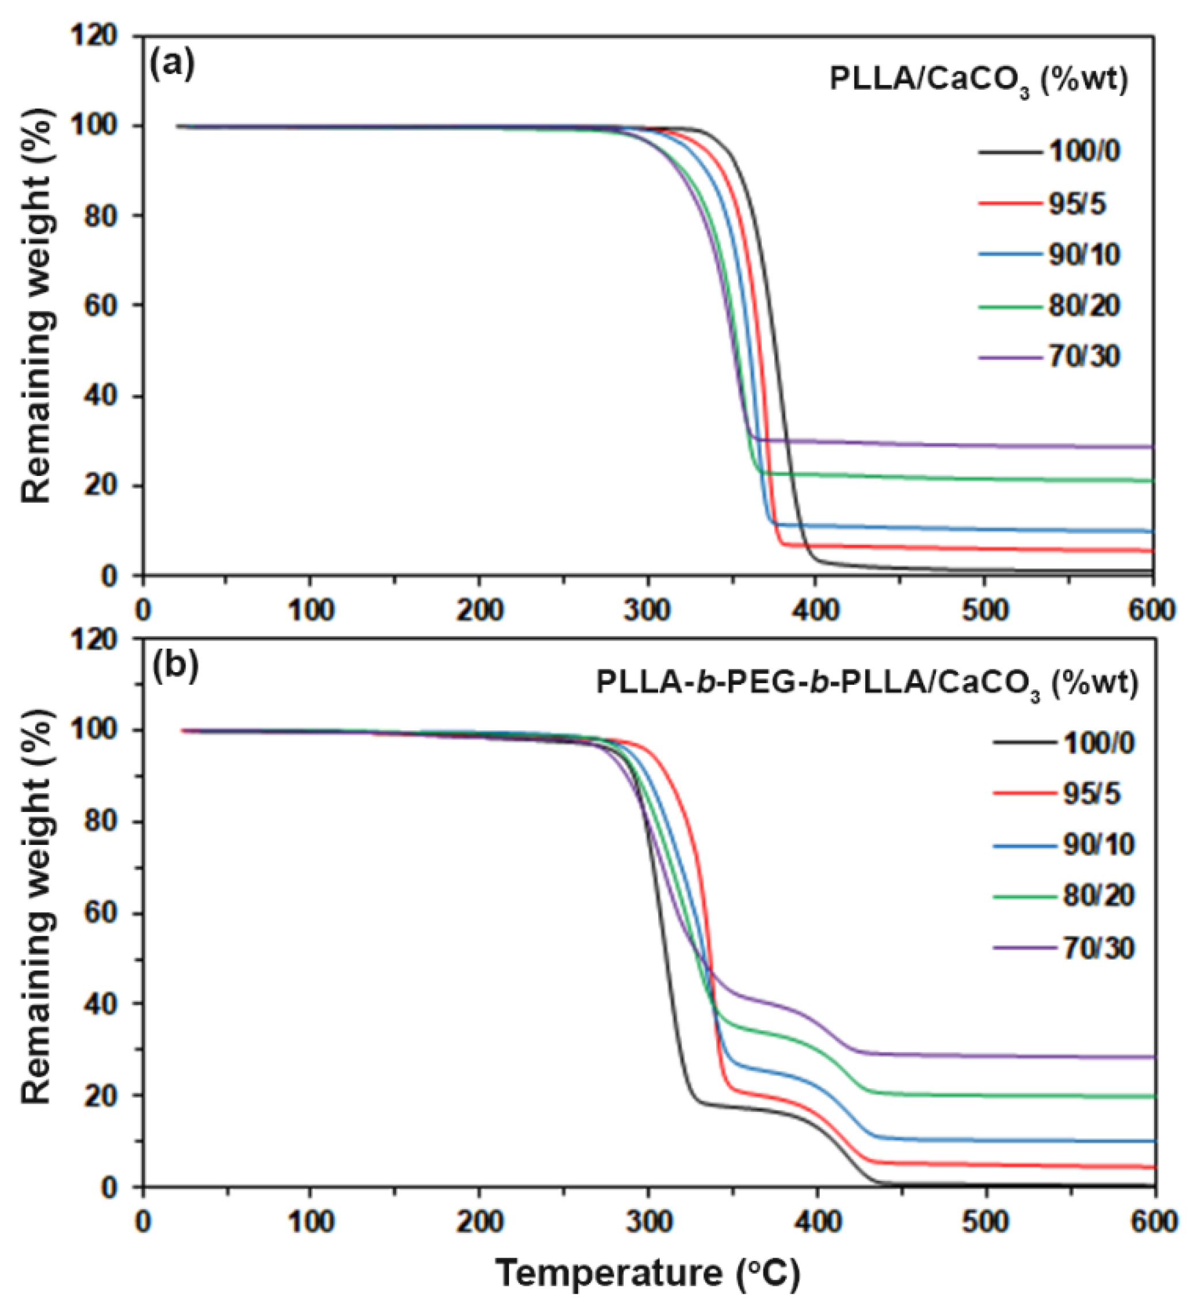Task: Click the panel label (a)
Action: (172, 65)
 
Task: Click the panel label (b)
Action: (174, 669)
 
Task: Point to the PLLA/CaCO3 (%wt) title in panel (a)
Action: (978, 83)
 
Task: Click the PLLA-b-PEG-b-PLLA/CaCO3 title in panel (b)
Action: (868, 685)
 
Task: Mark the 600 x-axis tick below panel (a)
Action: (1154, 610)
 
